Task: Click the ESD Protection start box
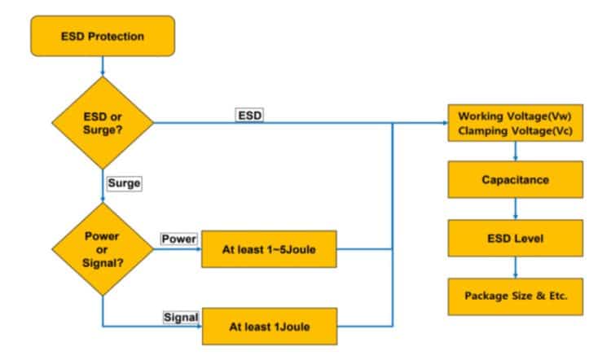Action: point(103,36)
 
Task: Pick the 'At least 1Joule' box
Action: point(269,327)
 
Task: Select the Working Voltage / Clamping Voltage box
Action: point(516,123)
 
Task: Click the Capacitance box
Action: point(516,180)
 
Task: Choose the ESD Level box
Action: point(516,239)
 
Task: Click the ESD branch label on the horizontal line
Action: point(248,115)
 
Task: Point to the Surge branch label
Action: point(124,183)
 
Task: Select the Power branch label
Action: point(178,239)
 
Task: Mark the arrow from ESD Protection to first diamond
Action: point(103,66)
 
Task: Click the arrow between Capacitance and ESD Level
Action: point(516,209)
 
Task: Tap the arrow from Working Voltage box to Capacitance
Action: point(516,151)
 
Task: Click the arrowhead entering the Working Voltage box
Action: point(443,124)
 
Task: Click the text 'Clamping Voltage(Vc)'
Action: point(516,130)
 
